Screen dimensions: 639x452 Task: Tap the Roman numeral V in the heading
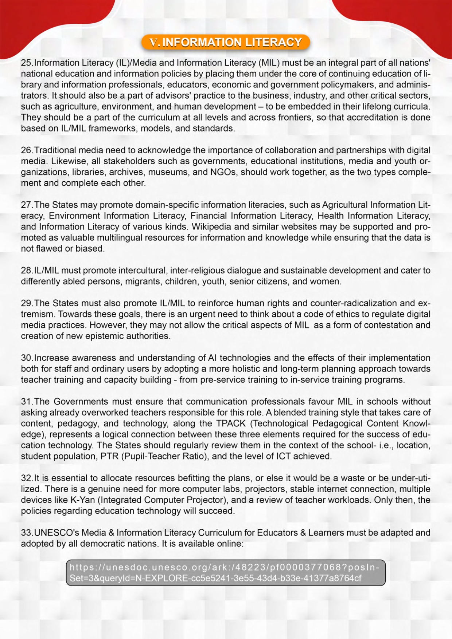pos(154,43)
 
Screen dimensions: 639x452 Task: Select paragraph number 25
pos(26,63)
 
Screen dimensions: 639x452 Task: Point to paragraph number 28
pos(26,271)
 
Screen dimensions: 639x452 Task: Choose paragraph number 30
pos(26,358)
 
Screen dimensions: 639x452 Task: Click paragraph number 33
pos(26,533)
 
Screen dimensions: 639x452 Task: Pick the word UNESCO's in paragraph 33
pos(56,533)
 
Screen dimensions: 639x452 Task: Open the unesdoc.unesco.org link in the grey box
pos(225,573)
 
